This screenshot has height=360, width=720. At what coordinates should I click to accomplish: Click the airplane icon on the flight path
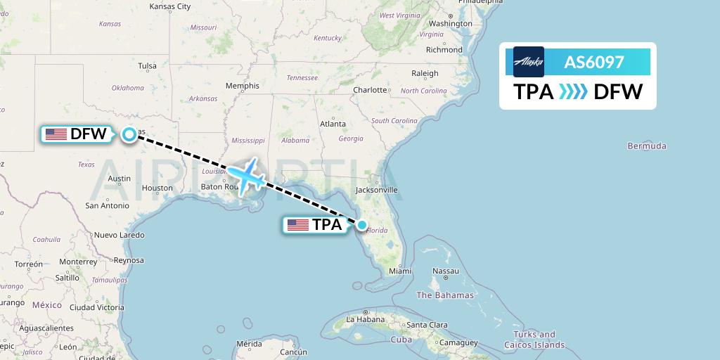pos(246,176)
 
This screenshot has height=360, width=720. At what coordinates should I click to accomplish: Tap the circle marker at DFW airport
pos(129,134)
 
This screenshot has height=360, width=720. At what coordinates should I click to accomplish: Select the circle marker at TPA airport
pos(361,225)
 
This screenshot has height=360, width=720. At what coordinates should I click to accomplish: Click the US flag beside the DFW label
pos(56,134)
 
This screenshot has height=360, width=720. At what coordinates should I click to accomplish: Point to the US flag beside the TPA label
pos(298,225)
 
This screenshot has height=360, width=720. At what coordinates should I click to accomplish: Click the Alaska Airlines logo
pos(529,62)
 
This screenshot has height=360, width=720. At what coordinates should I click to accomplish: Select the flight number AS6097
pos(594,62)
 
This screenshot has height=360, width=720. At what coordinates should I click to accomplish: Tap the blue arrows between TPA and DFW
pos(573,91)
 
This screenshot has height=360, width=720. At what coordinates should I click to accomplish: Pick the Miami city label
pos(399,271)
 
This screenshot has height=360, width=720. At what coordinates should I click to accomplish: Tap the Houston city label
pos(157,188)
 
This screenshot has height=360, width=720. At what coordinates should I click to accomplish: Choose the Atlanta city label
pos(333,124)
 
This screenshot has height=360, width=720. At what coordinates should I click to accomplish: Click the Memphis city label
pos(242,86)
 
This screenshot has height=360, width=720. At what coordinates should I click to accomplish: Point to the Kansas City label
pos(170,6)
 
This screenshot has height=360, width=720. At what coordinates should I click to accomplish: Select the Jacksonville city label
pos(376,190)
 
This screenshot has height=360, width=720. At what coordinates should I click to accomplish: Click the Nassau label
pos(445,271)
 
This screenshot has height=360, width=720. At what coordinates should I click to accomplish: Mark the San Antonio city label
pos(107,205)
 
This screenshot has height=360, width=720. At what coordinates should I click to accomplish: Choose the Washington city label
pos(451,23)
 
